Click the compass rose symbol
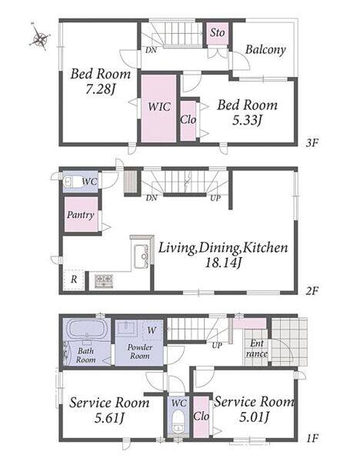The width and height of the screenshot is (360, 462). pyautogui.click(x=40, y=36)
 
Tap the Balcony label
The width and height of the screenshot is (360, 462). pyautogui.click(x=265, y=49)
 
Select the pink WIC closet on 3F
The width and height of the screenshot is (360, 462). pyautogui.click(x=159, y=108)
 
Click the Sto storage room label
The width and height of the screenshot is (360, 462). pyautogui.click(x=218, y=32)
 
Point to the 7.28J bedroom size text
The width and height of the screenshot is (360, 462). pyautogui.click(x=100, y=89)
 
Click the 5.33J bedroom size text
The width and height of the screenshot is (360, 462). pyautogui.click(x=247, y=120)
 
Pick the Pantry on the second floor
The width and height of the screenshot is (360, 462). pyautogui.click(x=81, y=214)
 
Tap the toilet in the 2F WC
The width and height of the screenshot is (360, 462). pyautogui.click(x=71, y=182)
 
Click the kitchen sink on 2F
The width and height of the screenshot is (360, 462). pyautogui.click(x=142, y=256)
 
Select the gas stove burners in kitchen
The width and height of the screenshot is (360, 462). pyautogui.click(x=104, y=280)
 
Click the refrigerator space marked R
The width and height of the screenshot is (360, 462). pyautogui.click(x=74, y=279)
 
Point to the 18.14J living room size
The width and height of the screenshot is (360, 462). pyautogui.click(x=223, y=263)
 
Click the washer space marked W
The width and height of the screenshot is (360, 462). pyautogui.click(x=152, y=330)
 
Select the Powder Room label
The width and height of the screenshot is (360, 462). pyautogui.click(x=140, y=352)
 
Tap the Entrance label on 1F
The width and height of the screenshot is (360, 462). pyautogui.click(x=257, y=348)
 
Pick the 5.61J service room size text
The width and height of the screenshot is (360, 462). pyautogui.click(x=109, y=418)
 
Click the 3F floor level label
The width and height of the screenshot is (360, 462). pyautogui.click(x=312, y=143)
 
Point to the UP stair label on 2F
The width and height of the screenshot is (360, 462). pyautogui.click(x=215, y=198)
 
